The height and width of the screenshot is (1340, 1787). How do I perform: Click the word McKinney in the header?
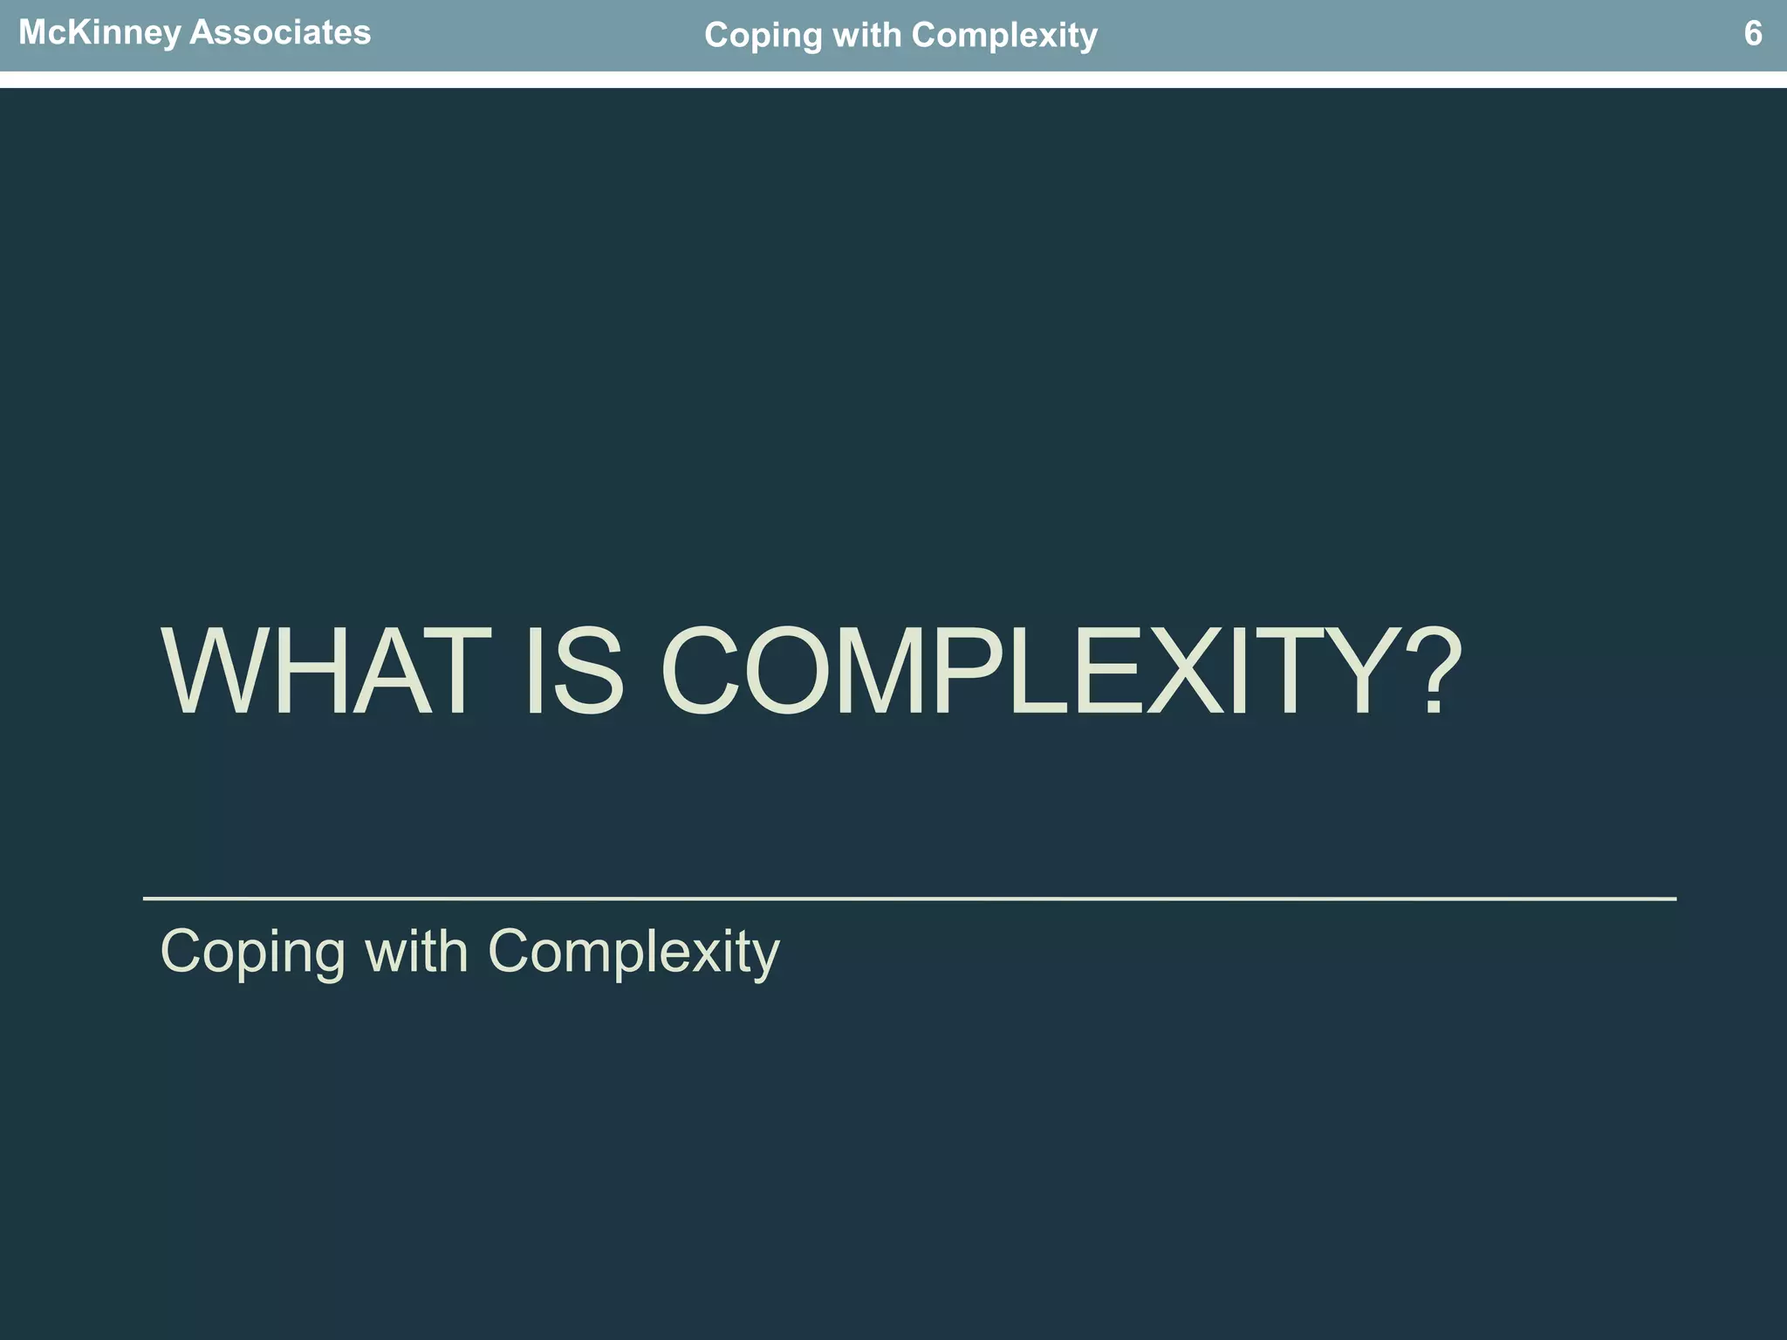coord(99,33)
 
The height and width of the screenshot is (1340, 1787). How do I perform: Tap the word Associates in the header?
coord(279,33)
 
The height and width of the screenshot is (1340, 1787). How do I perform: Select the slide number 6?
coord(1752,34)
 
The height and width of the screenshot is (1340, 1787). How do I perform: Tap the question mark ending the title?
coord(1431,673)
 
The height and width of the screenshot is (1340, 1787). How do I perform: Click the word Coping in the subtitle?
coord(253,952)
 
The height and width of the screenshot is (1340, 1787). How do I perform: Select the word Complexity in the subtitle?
coord(633,952)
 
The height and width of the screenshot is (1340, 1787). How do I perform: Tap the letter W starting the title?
coord(218,673)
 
